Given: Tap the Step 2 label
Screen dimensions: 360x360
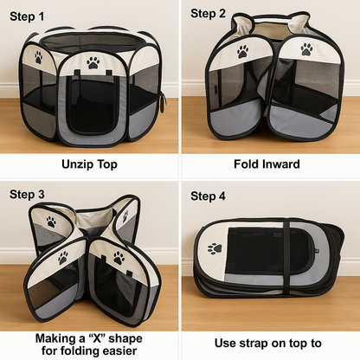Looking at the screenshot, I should click(208, 13).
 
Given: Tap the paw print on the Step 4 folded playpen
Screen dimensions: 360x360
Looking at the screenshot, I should click(214, 248).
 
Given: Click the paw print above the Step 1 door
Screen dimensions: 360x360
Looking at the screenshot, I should click(93, 62).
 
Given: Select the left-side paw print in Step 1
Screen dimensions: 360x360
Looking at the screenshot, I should click(38, 57).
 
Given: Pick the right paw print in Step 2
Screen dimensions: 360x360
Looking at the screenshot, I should click(306, 50).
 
